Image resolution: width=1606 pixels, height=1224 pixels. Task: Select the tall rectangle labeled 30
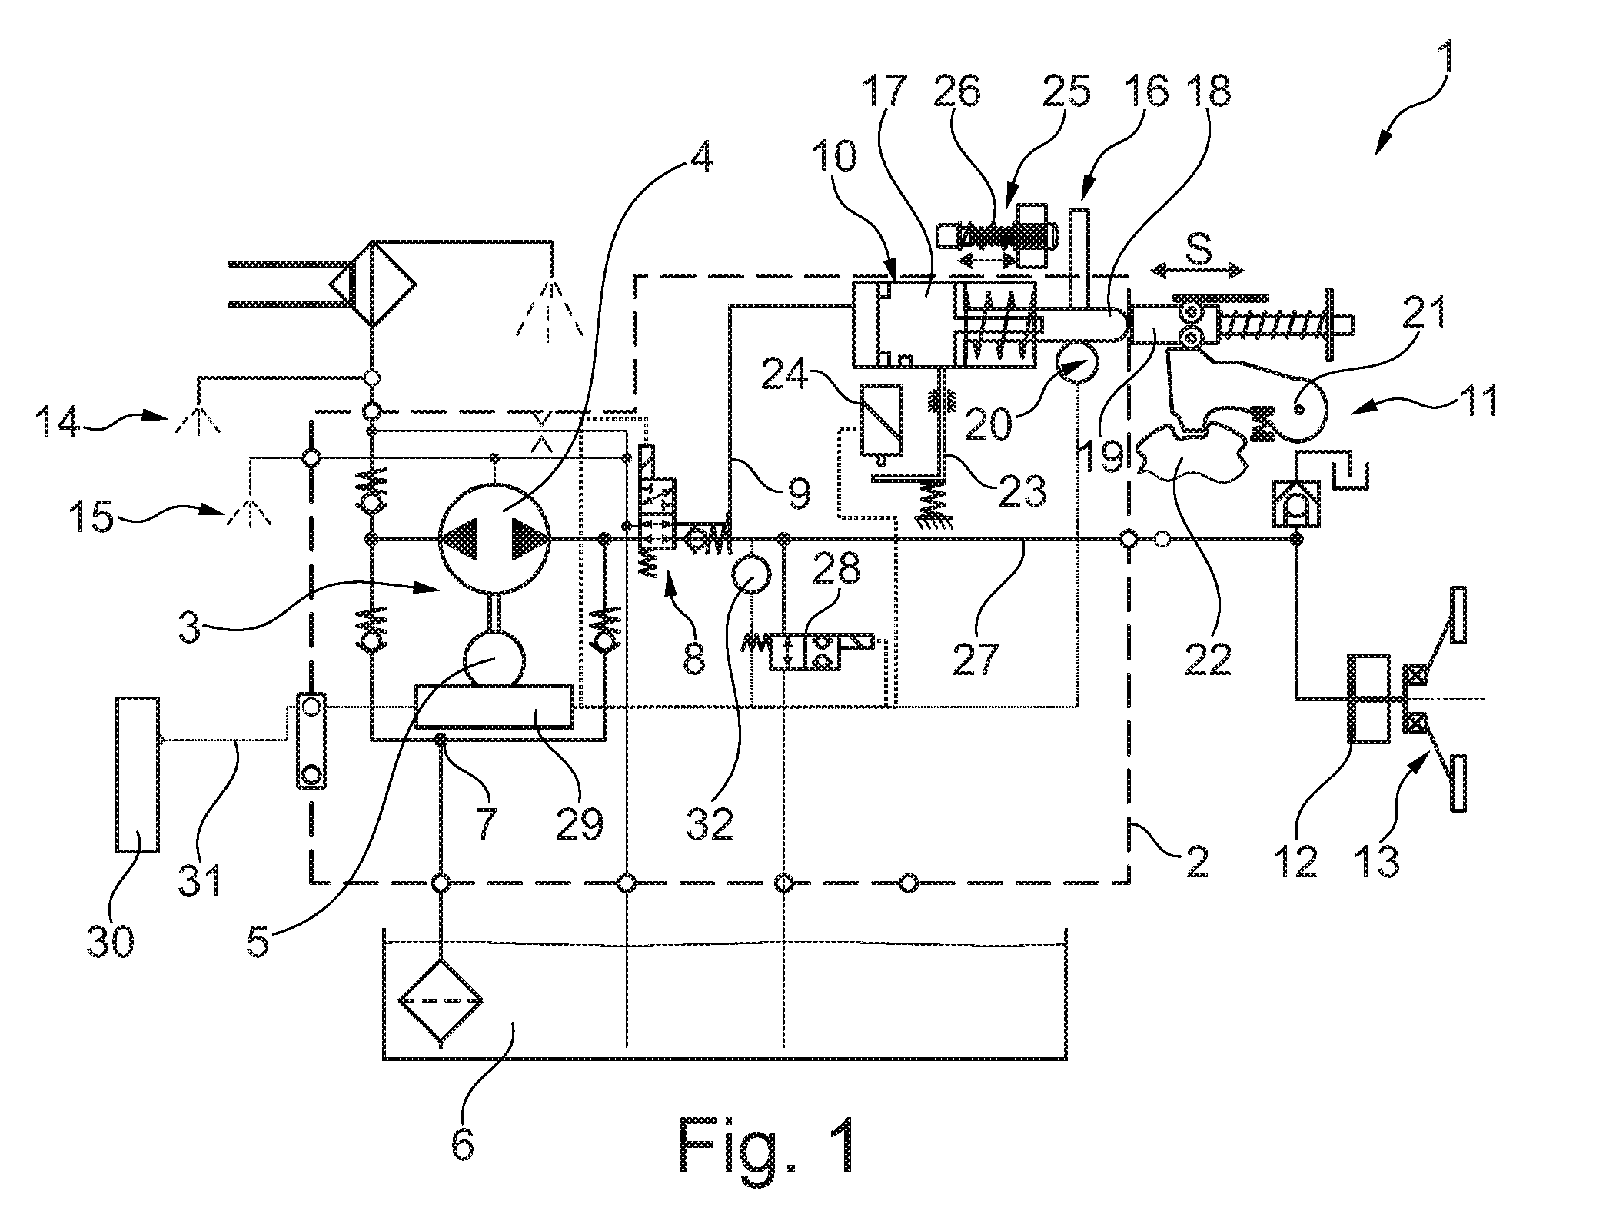tap(138, 773)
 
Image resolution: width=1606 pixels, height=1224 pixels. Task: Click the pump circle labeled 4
tap(494, 539)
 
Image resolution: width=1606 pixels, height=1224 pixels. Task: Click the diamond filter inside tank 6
tap(441, 1001)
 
